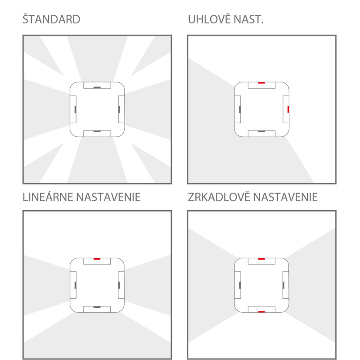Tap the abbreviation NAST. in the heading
pyautogui.click(x=248, y=19)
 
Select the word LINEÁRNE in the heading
pyautogui.click(x=48, y=197)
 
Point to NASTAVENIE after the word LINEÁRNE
pyautogui.click(x=108, y=197)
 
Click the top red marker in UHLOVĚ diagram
pyautogui.click(x=261, y=83)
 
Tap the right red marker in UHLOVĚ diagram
pyautogui.click(x=288, y=109)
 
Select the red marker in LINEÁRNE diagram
pyautogui.click(x=97, y=259)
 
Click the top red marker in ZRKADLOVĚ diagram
pyautogui.click(x=261, y=259)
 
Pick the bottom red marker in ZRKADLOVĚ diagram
pyautogui.click(x=261, y=311)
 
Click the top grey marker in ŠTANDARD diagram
pyautogui.click(x=97, y=87)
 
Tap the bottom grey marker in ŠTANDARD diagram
pyautogui.click(x=97, y=131)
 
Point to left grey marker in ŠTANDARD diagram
pyautogui.click(x=75, y=109)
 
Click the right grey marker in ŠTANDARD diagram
pyautogui.click(x=119, y=109)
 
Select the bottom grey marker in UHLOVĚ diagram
pyautogui.click(x=261, y=131)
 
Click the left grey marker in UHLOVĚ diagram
pyautogui.click(x=240, y=109)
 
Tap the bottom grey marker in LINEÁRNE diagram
pyautogui.click(x=97, y=307)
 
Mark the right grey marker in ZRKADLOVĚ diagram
pyautogui.click(x=283, y=285)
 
